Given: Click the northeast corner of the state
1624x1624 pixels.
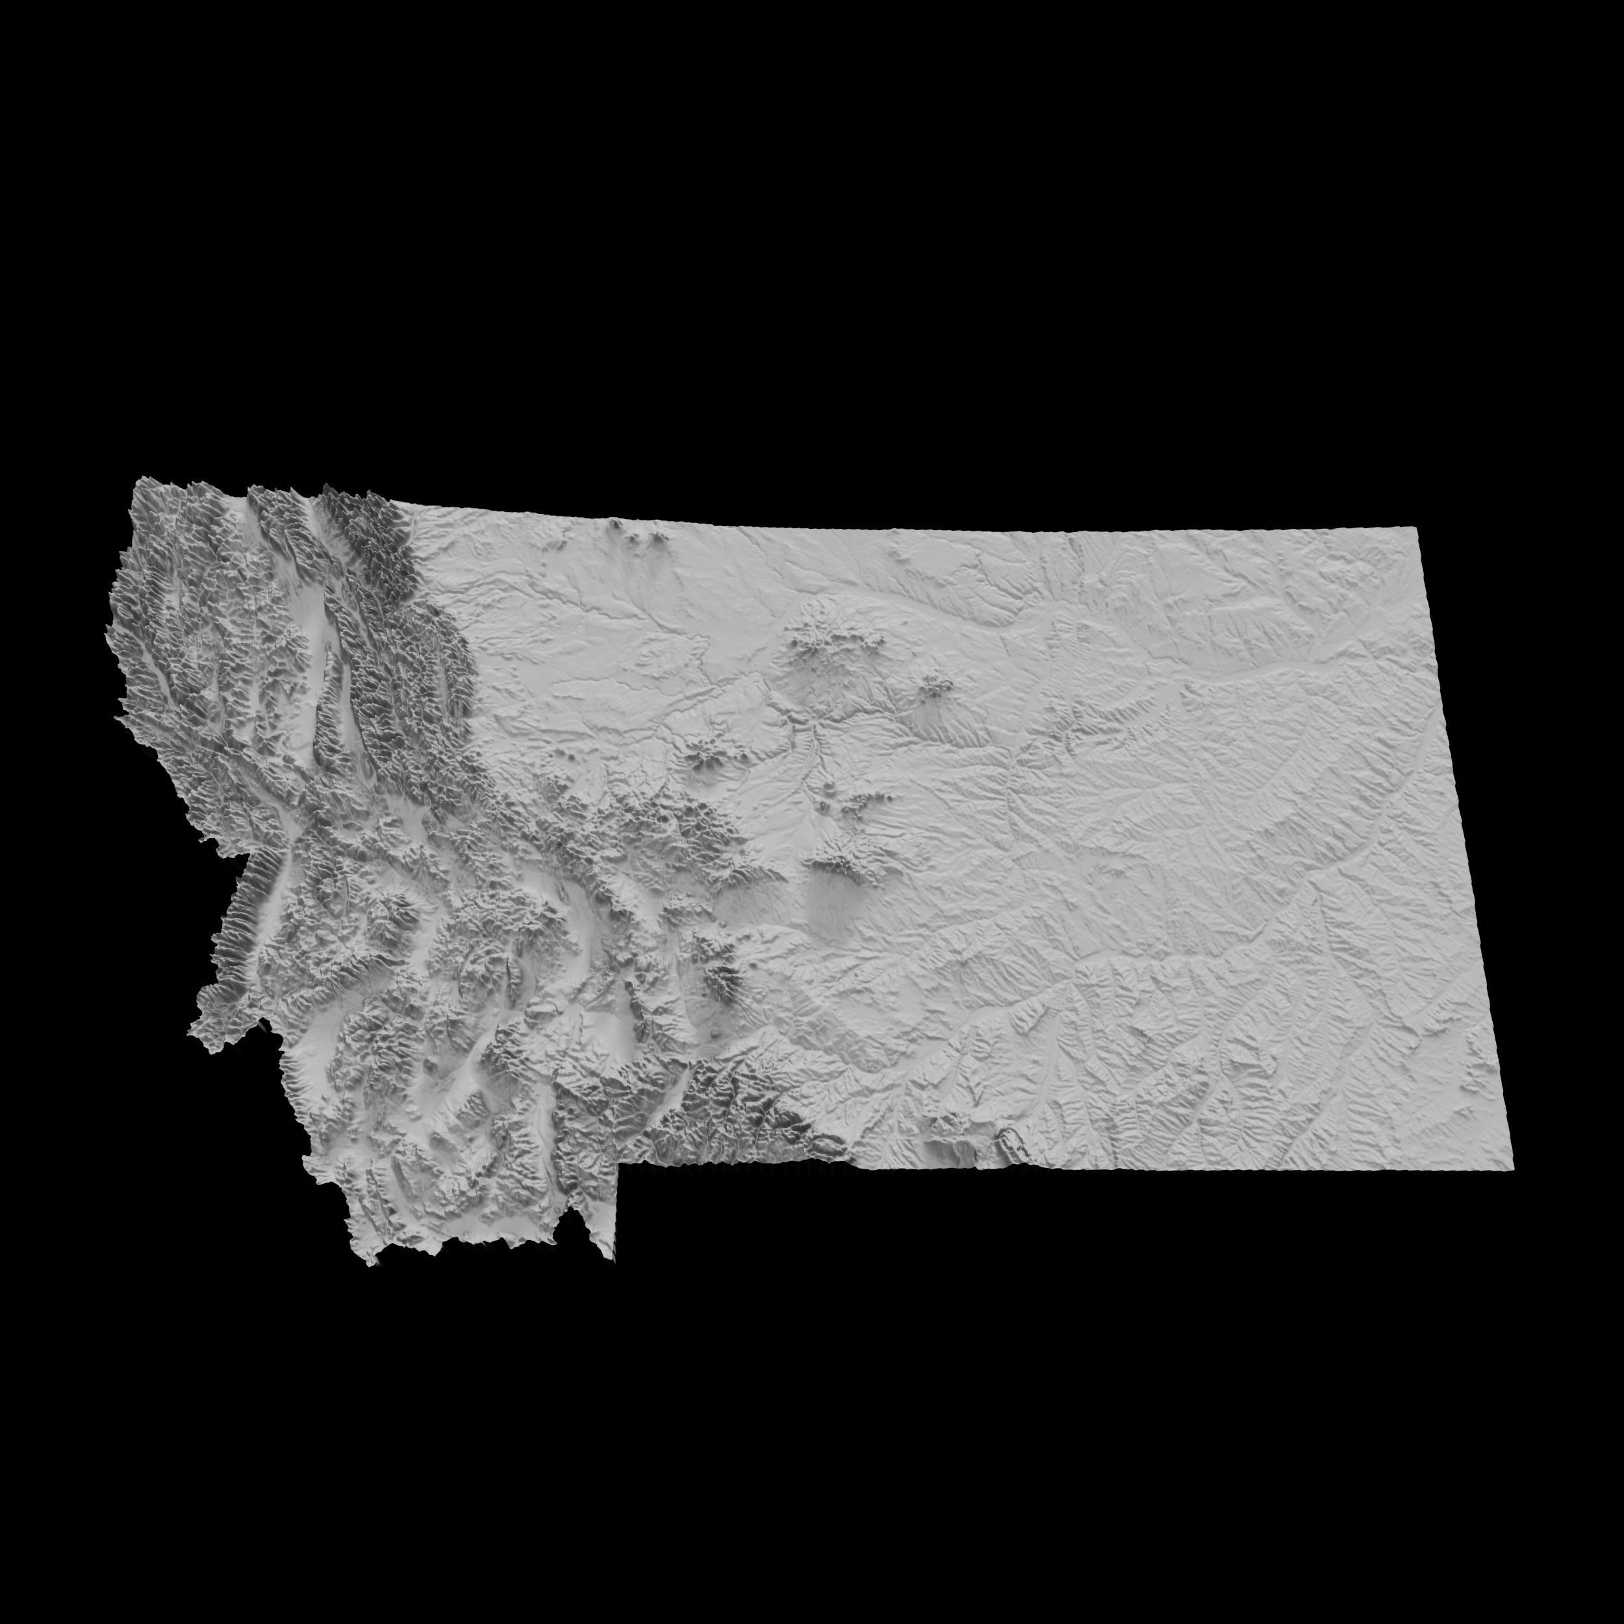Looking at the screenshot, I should tap(1418, 528).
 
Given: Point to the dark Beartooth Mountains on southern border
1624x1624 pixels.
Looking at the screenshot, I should tap(757, 1110).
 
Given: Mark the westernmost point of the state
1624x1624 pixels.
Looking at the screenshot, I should tap(106, 635).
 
